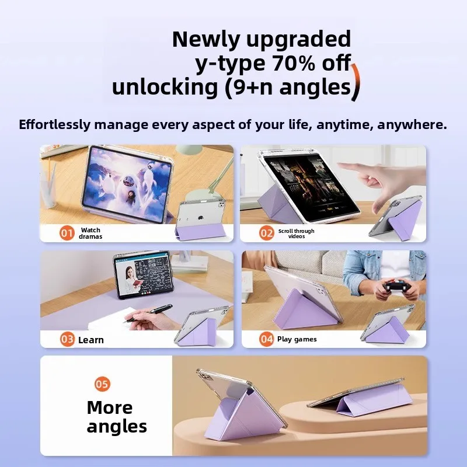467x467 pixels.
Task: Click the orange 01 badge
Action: [68, 233]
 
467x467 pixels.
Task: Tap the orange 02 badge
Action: [267, 233]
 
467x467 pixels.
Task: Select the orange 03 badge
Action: [68, 339]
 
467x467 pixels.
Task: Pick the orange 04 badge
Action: [267, 339]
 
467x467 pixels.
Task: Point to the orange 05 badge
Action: [102, 384]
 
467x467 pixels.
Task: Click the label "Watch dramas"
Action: [90, 233]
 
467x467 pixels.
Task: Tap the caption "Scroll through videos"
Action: [296, 233]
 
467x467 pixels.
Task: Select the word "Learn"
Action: [91, 340]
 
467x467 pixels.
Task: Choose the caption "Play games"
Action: [297, 339]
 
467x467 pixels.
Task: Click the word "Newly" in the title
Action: [201, 39]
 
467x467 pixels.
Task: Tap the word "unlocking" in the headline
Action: [163, 87]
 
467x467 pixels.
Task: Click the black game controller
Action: [397, 287]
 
